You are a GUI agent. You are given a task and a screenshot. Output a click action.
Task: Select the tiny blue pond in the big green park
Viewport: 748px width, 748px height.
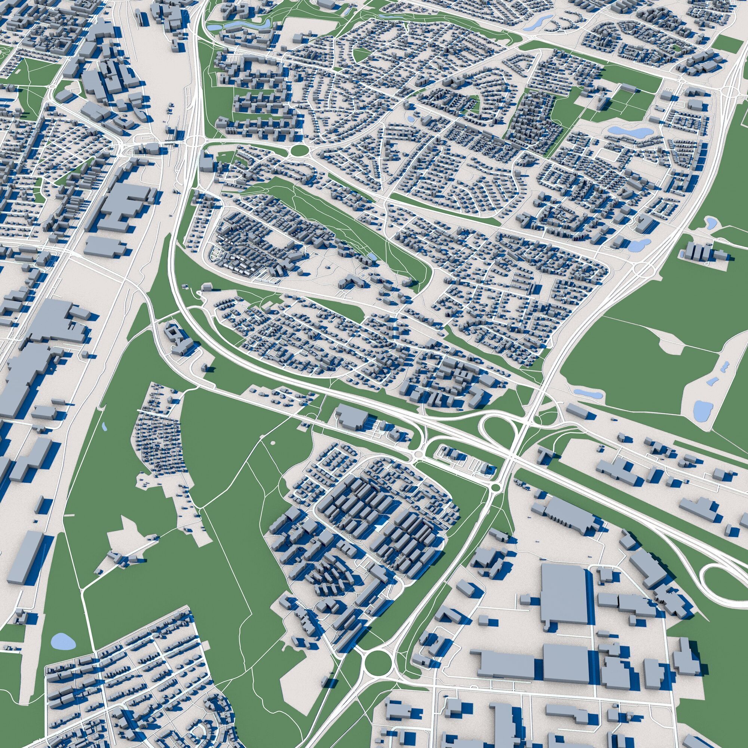[104, 427]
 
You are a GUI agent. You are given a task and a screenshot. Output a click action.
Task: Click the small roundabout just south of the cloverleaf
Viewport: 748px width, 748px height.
[495, 487]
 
